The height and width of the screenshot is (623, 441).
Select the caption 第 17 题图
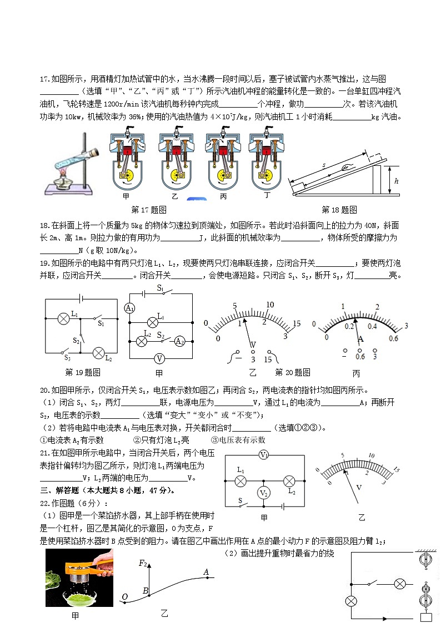148,210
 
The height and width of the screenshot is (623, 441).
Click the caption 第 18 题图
339,210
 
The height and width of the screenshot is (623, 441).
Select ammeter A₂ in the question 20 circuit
179,341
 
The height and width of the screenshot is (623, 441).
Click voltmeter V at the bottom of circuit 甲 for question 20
160,358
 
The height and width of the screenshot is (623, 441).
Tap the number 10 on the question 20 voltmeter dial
270,305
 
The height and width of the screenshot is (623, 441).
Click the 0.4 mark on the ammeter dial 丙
372,326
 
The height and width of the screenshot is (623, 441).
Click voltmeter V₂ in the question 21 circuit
264,493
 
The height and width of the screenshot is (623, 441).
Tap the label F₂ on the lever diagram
143,564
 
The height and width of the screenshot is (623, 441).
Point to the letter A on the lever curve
206,572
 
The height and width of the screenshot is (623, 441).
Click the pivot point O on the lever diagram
124,597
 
